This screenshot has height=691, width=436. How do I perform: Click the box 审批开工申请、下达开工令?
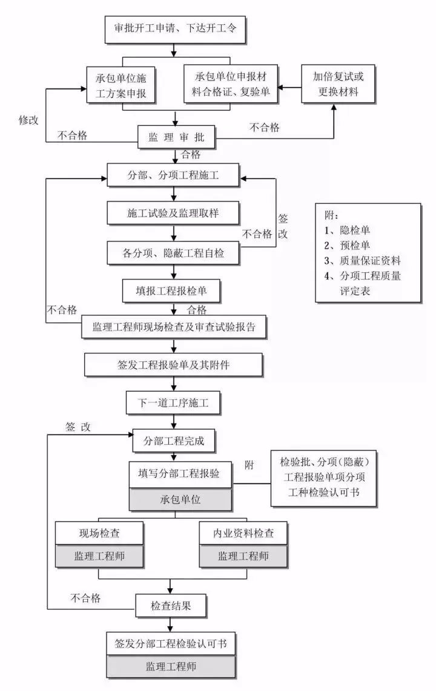click(175, 28)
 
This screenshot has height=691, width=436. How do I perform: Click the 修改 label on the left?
click(28, 120)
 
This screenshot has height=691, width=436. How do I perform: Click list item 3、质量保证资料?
click(361, 260)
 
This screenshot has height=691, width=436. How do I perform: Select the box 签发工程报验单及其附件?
click(174, 365)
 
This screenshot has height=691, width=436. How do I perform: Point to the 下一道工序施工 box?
click(173, 402)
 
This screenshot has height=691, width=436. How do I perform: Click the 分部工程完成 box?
click(173, 441)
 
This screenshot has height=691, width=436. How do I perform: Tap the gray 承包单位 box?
click(180, 500)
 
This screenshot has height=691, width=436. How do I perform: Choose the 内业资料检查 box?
click(243, 533)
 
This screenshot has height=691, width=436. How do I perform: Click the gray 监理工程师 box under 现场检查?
click(99, 555)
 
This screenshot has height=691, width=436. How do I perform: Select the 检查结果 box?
click(171, 604)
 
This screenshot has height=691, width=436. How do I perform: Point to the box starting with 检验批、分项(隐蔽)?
click(324, 477)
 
